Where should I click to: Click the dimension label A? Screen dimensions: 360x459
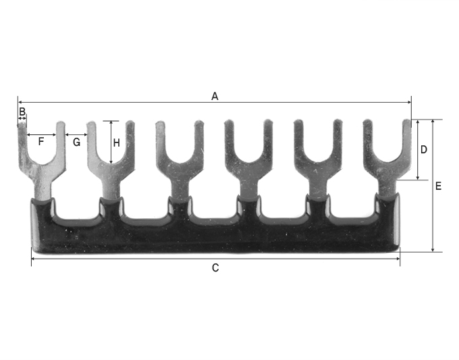click(x=215, y=96)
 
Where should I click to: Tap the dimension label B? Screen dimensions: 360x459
click(x=22, y=111)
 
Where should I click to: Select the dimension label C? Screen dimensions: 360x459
click(x=215, y=267)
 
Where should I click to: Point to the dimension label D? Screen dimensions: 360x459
click(x=424, y=150)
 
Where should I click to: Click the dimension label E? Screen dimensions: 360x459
click(x=438, y=186)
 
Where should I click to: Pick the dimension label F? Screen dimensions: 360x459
click(x=41, y=142)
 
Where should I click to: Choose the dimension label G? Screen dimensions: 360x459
click(x=76, y=142)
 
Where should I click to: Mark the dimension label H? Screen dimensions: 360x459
click(x=117, y=143)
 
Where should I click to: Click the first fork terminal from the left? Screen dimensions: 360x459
click(x=41, y=165)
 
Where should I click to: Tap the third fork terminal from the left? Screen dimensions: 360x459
click(x=180, y=165)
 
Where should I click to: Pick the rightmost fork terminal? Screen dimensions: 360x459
click(x=387, y=165)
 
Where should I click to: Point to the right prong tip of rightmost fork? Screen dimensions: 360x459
click(x=407, y=124)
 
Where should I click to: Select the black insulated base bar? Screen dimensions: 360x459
click(x=215, y=236)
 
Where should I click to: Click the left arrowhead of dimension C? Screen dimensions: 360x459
click(x=34, y=259)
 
